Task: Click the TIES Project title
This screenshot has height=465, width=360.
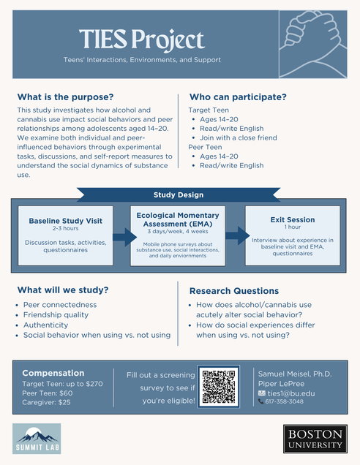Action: [142, 39]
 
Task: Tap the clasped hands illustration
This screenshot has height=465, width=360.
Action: [313, 45]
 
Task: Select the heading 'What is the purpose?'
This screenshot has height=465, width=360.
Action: [65, 97]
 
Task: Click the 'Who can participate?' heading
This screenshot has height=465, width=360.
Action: [238, 97]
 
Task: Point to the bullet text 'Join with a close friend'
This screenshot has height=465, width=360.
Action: [239, 137]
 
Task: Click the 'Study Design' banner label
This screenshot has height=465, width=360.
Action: [179, 194]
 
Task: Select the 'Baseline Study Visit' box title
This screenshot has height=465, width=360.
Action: [66, 221]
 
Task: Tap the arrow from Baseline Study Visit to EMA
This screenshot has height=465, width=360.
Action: [124, 237]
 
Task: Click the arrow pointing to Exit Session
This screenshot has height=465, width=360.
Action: [237, 235]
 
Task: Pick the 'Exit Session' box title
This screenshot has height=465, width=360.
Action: [293, 220]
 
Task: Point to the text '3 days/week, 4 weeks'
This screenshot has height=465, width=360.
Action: [178, 231]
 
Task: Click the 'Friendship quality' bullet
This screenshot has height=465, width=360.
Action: [56, 314]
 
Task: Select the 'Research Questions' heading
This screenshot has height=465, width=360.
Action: [234, 291]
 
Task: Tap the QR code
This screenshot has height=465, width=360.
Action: [219, 387]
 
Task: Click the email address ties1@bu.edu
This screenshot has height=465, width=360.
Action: [291, 393]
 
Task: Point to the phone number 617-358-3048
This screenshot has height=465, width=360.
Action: [285, 401]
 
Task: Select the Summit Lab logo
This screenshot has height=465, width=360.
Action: [37, 439]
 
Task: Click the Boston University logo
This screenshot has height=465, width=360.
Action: [315, 439]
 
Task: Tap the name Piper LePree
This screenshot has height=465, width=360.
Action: [282, 384]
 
